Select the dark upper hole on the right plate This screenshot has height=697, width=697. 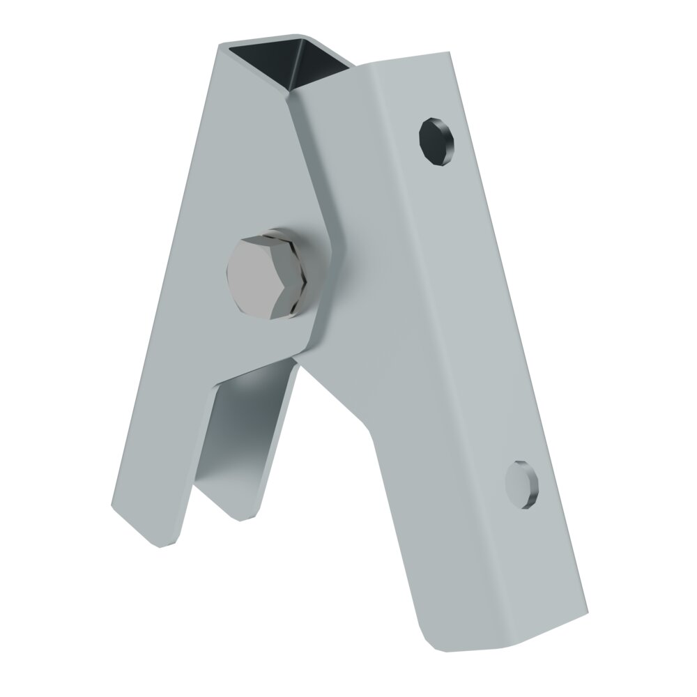pos(437,142)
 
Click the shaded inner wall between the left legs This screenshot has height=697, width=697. pos(244,432)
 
